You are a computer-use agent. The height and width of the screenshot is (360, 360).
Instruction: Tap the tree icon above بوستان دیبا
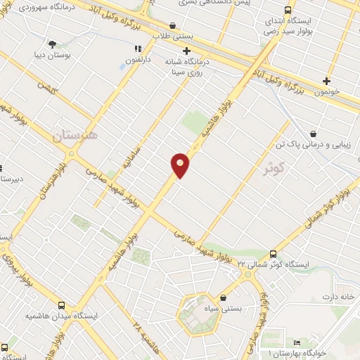click(53, 44)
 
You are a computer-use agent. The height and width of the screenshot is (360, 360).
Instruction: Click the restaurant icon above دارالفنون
click(139, 49)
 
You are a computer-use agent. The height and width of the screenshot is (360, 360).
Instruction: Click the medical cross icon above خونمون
click(326, 81)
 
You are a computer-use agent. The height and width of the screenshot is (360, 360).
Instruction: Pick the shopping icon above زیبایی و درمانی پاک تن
click(313, 134)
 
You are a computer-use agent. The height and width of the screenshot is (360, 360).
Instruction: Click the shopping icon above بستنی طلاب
click(173, 25)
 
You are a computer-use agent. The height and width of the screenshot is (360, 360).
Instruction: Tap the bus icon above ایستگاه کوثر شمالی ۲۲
click(273, 254)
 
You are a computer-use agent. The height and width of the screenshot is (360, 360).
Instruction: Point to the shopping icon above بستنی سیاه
click(223, 297)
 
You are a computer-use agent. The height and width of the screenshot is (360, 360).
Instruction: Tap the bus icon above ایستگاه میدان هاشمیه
click(62, 306)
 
